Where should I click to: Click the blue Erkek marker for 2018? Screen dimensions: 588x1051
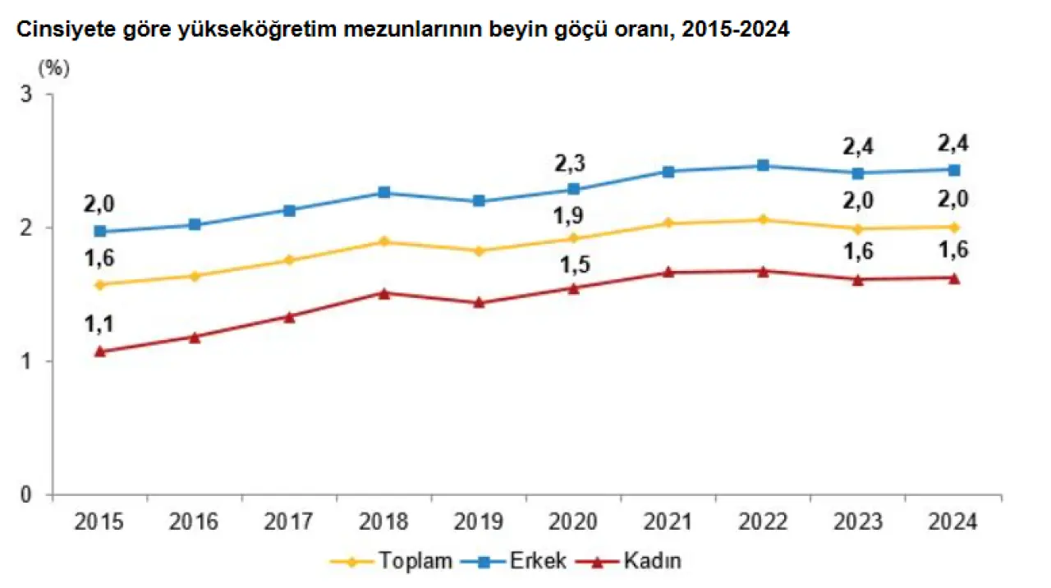coord(384,193)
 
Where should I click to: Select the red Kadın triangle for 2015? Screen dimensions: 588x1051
coord(100,351)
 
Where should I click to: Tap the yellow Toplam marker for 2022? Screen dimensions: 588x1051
coord(763,219)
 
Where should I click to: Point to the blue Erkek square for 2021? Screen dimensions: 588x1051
coord(668,172)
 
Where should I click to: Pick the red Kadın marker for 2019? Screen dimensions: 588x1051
coord(480,302)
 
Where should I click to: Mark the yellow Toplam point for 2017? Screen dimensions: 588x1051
coord(290,260)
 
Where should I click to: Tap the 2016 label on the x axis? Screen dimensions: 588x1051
coord(195,521)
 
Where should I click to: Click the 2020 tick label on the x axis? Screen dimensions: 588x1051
coord(574,521)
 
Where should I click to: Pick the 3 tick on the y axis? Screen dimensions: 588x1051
coord(37,94)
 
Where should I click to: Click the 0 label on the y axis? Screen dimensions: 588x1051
coord(37,494)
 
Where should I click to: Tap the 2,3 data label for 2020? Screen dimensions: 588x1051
coord(574,164)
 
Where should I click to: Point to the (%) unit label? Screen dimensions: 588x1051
coord(54,68)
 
